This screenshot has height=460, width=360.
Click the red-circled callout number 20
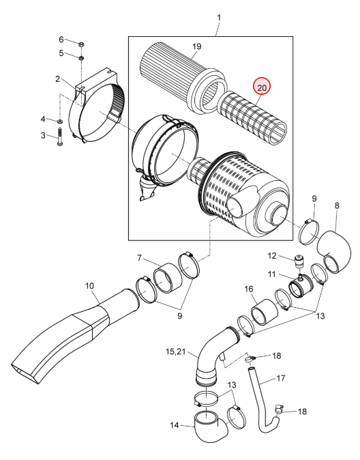tap(262, 87)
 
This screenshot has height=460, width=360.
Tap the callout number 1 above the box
tap(219, 18)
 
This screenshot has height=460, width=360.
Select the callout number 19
tap(197, 46)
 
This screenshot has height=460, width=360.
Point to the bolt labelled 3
tap(60, 137)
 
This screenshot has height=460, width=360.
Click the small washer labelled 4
tap(60, 121)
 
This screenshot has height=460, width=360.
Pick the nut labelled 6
tap(82, 44)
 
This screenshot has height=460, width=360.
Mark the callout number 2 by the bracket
tap(57, 79)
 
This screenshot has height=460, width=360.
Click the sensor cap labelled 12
tap(299, 261)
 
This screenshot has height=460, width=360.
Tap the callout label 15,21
tap(176, 351)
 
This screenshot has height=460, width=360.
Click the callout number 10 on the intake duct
tap(89, 285)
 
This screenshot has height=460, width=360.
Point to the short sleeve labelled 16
tap(265, 311)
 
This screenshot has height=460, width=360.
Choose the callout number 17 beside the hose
tap(280, 378)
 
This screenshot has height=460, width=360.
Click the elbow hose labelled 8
tap(334, 251)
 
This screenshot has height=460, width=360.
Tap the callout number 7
tap(139, 258)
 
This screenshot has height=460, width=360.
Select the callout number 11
tap(272, 274)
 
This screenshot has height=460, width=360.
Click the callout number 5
tap(61, 53)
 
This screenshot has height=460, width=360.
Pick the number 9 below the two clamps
tap(179, 316)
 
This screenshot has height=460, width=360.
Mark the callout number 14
tap(174, 425)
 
